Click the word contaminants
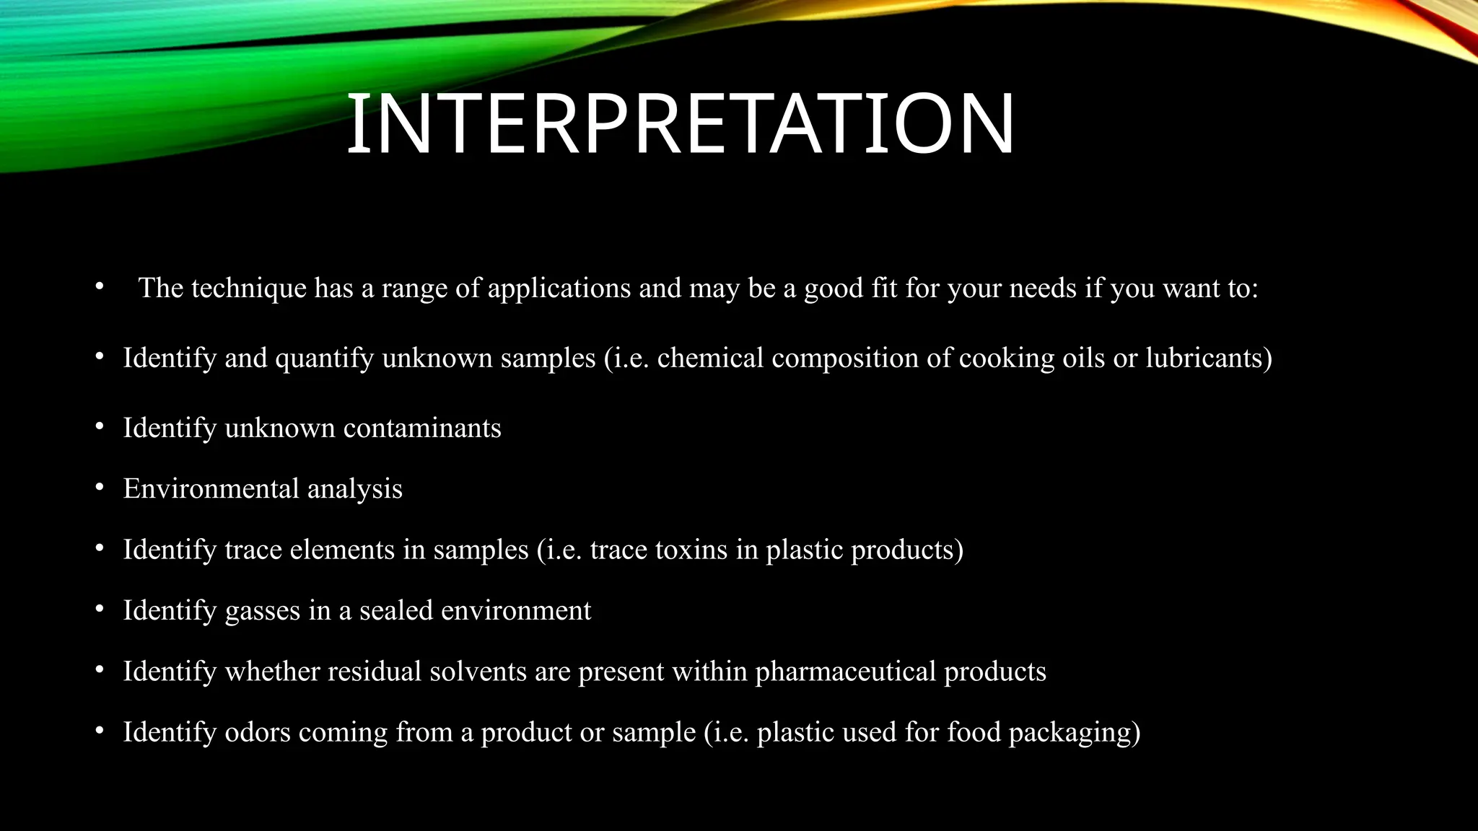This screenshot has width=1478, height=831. tap(422, 428)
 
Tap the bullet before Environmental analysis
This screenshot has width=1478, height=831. tap(100, 488)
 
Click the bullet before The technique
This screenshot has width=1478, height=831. tap(100, 287)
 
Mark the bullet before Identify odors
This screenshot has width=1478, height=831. tap(100, 731)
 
